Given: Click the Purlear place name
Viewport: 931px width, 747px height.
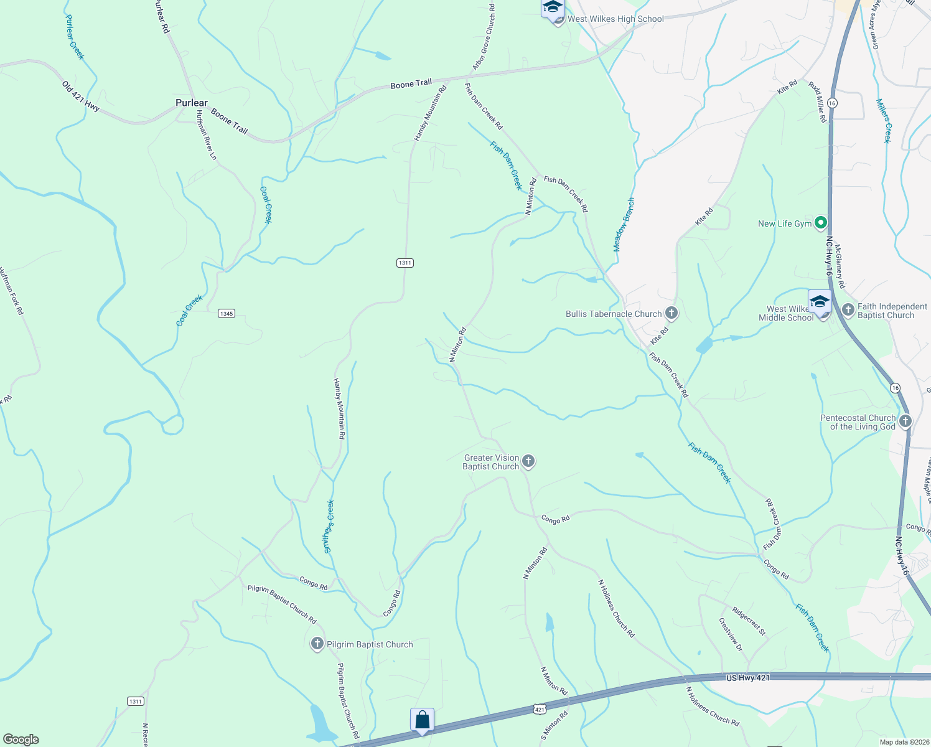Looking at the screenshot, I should click(192, 103).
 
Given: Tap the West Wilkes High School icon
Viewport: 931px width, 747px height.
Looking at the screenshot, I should click(552, 8).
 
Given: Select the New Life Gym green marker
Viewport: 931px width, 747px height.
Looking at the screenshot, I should click(821, 222).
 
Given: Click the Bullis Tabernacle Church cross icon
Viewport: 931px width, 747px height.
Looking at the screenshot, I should click(671, 312).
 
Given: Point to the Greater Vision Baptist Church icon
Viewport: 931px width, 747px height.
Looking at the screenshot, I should click(528, 461).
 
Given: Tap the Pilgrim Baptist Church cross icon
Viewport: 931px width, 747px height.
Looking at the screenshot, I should click(317, 644).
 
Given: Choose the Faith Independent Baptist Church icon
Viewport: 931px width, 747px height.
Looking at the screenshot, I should click(848, 309).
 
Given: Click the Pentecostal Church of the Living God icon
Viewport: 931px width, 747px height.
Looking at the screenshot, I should click(905, 421).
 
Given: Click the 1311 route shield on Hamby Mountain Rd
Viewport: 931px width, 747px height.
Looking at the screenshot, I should click(405, 263).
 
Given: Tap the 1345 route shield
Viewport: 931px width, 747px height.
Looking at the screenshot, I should click(226, 313).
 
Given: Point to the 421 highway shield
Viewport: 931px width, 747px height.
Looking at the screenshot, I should click(540, 709).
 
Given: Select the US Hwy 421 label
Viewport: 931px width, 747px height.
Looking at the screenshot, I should click(747, 677).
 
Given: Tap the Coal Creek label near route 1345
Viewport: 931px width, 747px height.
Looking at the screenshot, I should click(190, 311).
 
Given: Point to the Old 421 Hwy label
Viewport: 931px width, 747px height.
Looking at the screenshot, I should click(81, 96).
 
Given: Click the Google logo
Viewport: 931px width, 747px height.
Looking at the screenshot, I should click(21, 739).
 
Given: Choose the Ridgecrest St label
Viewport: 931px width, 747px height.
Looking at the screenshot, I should click(748, 621).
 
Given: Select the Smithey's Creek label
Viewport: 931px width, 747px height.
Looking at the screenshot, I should click(329, 527).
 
